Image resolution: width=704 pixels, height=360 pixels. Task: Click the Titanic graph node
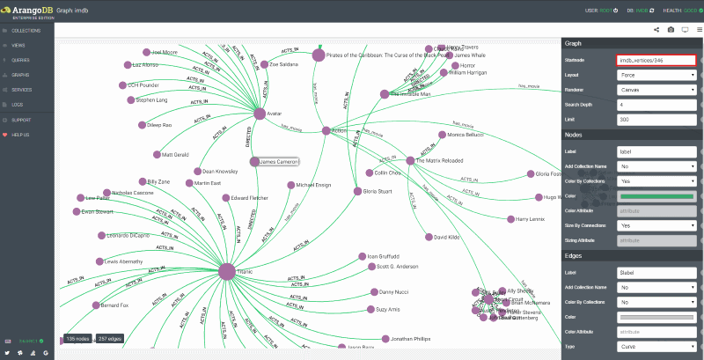click(226, 272)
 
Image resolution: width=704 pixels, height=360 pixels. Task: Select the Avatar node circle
click(260, 114)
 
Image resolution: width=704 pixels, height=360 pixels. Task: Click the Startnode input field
click(656, 60)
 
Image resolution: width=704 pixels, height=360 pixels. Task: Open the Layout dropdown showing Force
click(656, 76)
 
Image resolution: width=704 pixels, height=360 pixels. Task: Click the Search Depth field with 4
click(656, 105)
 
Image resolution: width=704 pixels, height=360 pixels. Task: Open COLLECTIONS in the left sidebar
click(26, 30)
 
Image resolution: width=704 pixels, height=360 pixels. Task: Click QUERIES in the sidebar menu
click(21, 60)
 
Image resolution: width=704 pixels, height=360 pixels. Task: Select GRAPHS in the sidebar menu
click(21, 75)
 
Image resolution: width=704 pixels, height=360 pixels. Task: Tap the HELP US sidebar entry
click(21, 135)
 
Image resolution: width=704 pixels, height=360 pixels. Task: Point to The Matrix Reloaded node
click(410, 160)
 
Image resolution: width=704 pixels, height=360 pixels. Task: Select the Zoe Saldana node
click(264, 64)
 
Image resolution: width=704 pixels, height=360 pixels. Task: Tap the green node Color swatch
click(656, 195)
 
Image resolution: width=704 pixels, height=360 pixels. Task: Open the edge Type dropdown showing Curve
click(656, 345)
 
